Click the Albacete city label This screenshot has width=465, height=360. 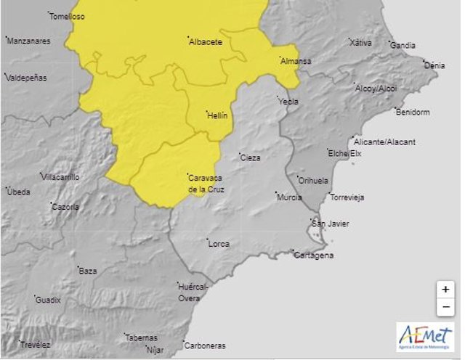(x=205, y=42)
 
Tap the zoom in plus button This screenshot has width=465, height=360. (x=445, y=289)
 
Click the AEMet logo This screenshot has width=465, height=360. (x=425, y=337)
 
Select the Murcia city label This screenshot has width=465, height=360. (x=289, y=197)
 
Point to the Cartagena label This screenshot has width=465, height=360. (x=313, y=255)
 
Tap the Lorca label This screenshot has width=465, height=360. (x=219, y=244)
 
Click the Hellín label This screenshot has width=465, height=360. (x=217, y=115)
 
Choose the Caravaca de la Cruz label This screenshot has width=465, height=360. (x=206, y=184)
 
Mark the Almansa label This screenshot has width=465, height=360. (x=296, y=62)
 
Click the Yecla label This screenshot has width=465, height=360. (x=288, y=102)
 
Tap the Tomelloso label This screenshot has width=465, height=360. (x=67, y=16)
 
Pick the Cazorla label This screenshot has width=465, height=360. (x=65, y=207)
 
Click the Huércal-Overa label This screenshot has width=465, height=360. (x=194, y=292)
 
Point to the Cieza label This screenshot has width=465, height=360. (x=251, y=157)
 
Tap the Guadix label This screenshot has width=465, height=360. (x=49, y=300)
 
